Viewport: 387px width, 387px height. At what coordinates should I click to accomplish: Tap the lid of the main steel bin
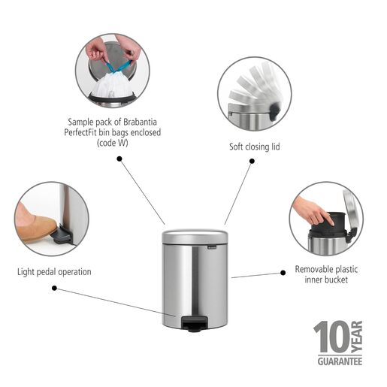tap(195, 237)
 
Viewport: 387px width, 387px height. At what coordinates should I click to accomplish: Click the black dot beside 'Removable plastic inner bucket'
tap(282, 271)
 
